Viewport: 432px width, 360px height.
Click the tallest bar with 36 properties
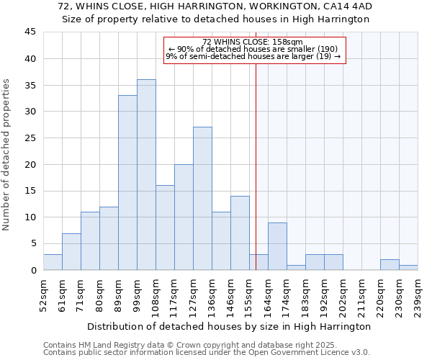146,175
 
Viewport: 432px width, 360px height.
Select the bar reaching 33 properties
127,183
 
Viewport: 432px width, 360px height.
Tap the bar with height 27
202,199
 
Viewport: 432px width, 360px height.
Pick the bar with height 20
184,217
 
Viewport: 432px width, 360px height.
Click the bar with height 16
165,228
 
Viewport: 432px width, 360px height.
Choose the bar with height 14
240,233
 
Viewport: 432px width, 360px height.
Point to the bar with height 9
277,246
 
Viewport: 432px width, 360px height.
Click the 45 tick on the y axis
30,32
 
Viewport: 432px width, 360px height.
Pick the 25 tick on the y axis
30,138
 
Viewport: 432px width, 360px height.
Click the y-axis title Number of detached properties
7,155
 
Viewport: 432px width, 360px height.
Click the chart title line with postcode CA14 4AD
215,6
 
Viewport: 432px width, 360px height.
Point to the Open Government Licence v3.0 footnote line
206,352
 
